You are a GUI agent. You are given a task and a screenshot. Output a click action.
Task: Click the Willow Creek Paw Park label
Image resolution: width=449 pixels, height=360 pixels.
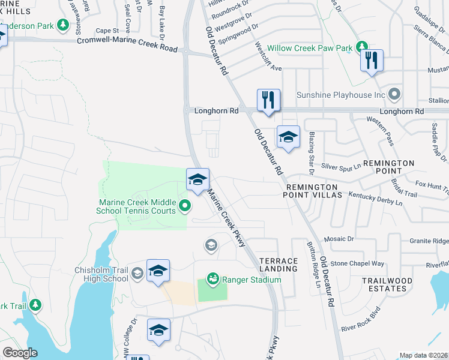point(309,47)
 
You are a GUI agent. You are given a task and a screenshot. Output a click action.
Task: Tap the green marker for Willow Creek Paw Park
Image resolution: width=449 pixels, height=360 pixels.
point(361,47)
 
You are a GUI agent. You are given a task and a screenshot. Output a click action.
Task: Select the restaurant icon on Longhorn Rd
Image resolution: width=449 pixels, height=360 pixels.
point(268,100)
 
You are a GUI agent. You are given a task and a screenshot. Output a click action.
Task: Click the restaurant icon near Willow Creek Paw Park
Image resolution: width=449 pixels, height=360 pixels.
point(372,61)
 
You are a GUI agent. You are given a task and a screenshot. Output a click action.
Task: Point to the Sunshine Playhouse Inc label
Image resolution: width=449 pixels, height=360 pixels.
point(340,95)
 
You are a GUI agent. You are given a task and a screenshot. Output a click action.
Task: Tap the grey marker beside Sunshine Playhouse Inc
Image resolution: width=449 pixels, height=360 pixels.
point(394,94)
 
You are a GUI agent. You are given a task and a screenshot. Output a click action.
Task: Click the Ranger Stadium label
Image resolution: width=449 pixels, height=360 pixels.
point(252,280)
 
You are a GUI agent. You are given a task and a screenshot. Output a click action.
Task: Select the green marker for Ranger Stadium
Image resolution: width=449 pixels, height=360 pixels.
point(212,278)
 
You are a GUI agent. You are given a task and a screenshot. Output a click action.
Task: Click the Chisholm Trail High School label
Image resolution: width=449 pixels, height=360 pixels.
point(101,274)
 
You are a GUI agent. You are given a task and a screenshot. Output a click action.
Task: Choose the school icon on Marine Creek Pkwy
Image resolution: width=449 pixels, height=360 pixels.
point(197,179)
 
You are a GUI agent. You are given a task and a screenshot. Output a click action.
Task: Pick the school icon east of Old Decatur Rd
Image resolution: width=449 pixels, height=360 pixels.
point(288,137)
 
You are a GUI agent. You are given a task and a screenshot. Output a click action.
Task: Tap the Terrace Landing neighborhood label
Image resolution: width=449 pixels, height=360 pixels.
point(279,265)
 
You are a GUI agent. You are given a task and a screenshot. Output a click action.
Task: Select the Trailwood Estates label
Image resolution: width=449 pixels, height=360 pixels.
point(387,284)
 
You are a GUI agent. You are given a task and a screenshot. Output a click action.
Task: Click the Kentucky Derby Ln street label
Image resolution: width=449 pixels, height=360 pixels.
point(375,199)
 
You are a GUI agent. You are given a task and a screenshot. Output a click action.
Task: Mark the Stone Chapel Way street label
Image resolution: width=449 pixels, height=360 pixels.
point(357,263)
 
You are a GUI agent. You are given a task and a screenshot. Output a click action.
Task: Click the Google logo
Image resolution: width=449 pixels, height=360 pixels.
point(20,353)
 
